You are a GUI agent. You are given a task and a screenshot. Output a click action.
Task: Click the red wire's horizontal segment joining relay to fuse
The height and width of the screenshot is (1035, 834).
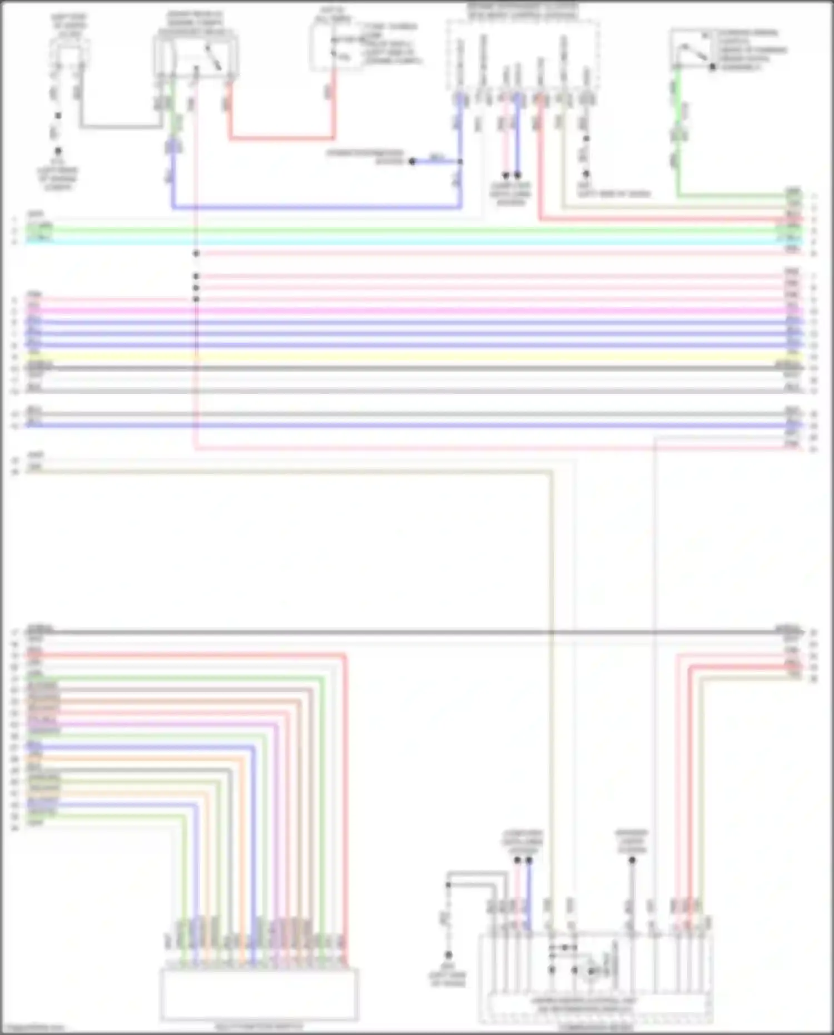click(x=281, y=137)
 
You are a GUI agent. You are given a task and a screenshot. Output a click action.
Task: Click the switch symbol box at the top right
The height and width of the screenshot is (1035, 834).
click(x=692, y=49)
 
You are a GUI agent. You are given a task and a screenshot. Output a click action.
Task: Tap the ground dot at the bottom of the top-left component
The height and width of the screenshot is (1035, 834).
click(x=58, y=151)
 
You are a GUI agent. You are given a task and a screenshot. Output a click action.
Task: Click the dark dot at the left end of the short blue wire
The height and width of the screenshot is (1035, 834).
click(x=412, y=161)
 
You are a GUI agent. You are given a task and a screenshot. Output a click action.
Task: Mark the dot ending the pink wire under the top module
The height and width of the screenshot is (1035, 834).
click(x=505, y=175)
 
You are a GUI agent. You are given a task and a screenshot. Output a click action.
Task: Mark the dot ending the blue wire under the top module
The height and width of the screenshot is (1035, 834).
click(x=518, y=175)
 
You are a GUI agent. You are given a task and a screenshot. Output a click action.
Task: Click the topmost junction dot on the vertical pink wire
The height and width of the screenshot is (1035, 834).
click(x=196, y=254)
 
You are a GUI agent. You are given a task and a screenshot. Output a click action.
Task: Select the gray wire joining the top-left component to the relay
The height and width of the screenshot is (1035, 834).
click(x=120, y=127)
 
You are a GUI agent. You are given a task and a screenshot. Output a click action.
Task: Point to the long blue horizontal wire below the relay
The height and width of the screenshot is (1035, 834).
click(x=317, y=207)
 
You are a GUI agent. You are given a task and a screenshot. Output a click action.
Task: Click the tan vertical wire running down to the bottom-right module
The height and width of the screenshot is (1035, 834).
click(x=552, y=667)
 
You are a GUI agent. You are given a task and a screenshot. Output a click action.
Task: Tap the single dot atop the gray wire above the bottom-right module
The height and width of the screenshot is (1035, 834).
click(x=632, y=860)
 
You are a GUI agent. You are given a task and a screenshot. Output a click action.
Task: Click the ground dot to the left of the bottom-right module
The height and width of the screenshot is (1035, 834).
click(x=448, y=954)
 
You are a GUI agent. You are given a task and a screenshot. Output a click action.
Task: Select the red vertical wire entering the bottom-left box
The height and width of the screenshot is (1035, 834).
click(x=345, y=806)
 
